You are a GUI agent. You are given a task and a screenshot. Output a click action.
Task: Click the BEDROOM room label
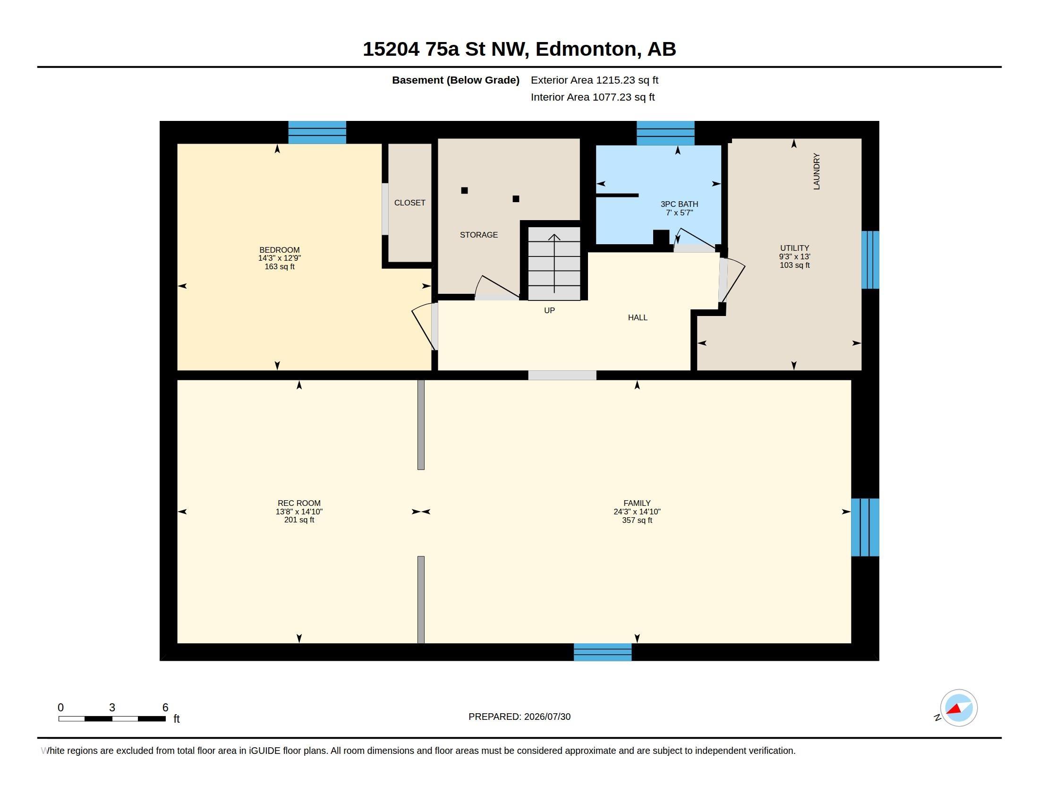[x=279, y=250]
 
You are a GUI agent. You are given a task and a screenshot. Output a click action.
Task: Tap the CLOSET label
[x=409, y=203]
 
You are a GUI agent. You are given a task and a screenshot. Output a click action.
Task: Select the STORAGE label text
[x=478, y=235]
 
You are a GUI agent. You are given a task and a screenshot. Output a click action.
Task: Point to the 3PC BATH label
[x=679, y=204]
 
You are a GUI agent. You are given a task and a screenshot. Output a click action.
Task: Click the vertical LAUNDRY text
[x=817, y=171]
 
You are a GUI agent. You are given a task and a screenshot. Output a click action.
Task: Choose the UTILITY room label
[x=794, y=248]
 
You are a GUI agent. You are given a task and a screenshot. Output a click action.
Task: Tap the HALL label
[x=638, y=317]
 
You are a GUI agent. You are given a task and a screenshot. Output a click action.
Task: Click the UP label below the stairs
[x=549, y=310]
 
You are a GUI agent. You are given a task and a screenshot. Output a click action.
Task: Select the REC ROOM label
[x=299, y=503]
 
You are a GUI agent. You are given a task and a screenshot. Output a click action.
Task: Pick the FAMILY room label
[x=637, y=503]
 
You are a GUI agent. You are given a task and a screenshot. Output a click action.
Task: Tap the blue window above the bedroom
[x=317, y=132]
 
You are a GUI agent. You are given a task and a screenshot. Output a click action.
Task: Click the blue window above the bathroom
[x=665, y=133]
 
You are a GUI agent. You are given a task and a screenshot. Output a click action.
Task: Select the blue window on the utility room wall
[x=870, y=260]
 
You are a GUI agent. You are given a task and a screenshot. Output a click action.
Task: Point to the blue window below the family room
[x=603, y=652]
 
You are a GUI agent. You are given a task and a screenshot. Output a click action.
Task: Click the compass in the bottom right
[x=959, y=708]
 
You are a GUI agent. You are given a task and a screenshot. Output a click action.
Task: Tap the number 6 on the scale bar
[x=165, y=708]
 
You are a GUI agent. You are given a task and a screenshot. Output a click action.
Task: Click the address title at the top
[x=519, y=49]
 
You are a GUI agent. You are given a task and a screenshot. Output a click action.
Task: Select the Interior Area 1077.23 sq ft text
[x=593, y=97]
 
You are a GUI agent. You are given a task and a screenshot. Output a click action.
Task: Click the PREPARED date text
[x=519, y=717]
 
